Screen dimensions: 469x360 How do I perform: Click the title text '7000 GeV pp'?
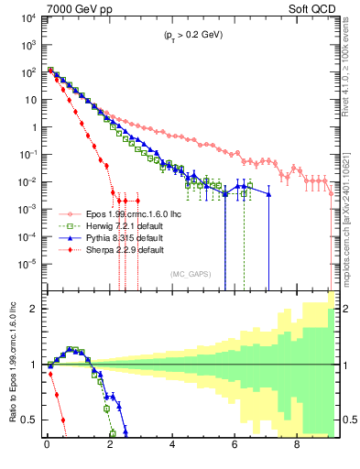[72, 8]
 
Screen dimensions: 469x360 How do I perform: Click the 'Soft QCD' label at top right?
[315, 8]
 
